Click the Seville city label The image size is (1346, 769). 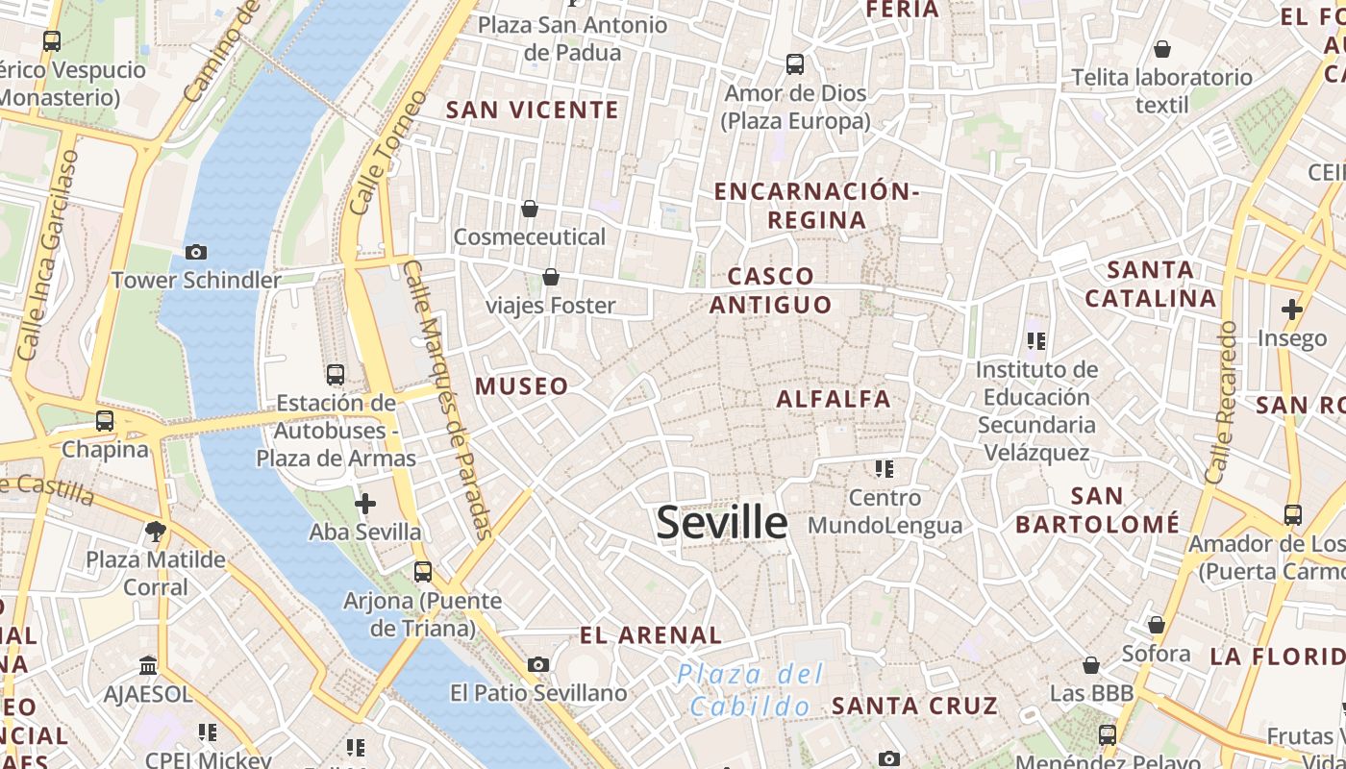coord(722,522)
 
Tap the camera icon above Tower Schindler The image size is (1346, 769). coord(196,252)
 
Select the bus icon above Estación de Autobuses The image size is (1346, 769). coord(336,375)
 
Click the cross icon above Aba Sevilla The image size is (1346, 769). coord(365,504)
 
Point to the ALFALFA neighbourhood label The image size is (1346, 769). coord(834,399)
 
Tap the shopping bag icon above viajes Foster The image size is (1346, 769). coord(551,278)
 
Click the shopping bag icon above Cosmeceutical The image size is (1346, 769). coord(530,209)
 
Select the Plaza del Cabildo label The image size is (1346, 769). coord(751,690)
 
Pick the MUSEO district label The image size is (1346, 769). coord(522,386)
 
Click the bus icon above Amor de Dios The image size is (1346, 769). coord(795,64)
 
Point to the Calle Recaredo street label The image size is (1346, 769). coord(1220,403)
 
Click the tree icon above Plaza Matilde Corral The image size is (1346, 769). coord(155,531)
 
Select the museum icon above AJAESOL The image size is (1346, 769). coord(148,665)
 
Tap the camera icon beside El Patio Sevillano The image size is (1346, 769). coord(538,664)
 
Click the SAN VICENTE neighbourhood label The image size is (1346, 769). coord(533,111)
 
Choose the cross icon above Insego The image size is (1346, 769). coord(1292,310)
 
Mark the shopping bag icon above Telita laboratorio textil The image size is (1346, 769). coord(1162,49)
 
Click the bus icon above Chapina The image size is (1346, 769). coord(105,421)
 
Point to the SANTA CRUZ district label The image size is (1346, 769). coord(914,707)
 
